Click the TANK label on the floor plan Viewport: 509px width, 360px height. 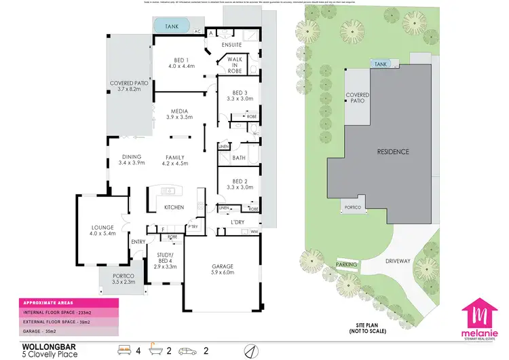(172, 26)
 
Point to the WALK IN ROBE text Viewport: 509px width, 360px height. (234, 64)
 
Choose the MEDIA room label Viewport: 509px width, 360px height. (180, 113)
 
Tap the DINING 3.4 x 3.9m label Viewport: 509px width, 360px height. (132, 160)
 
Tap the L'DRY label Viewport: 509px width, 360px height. (237, 223)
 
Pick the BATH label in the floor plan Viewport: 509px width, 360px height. (238, 158)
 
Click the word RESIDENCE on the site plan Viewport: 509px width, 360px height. (393, 151)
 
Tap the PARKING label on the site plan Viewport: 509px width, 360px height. (346, 265)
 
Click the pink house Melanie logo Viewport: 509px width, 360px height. (480, 317)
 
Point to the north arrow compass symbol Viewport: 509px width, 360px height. (250, 350)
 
